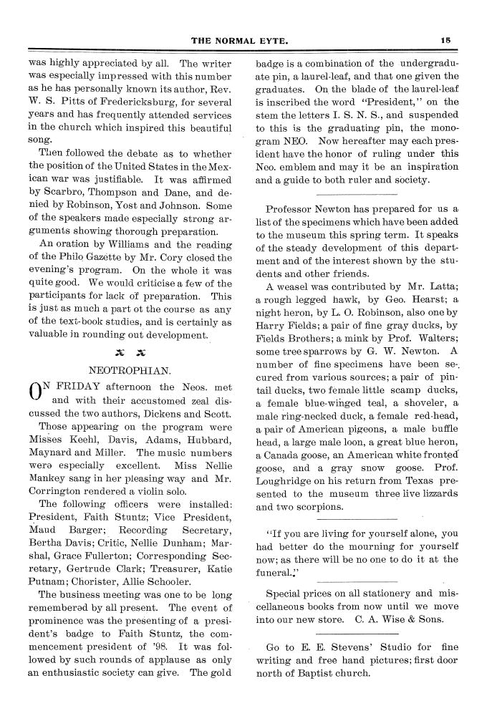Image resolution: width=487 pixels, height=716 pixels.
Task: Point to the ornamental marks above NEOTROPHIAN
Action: tap(129, 352)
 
